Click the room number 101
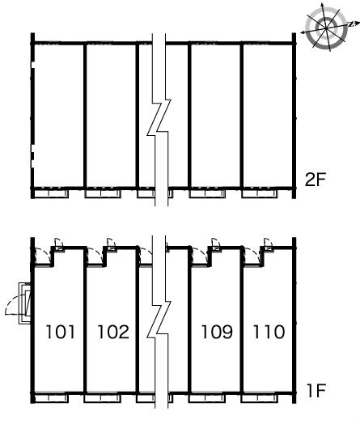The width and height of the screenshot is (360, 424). [61, 332]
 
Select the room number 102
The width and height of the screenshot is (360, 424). [113, 332]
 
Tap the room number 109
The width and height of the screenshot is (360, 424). [217, 332]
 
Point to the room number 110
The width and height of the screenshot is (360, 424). [269, 332]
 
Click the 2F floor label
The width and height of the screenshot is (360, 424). [316, 180]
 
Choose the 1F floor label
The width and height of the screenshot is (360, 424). [316, 391]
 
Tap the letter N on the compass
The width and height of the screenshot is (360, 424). [351, 24]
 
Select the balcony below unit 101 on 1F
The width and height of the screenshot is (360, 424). [51, 398]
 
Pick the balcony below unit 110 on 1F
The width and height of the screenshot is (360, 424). [260, 398]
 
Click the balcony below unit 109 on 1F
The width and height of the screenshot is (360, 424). [207, 398]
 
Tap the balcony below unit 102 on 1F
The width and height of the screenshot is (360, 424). [102, 398]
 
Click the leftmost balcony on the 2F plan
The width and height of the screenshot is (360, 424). [51, 193]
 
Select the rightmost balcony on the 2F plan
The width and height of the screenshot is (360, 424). [260, 193]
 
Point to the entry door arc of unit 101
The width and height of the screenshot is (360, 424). [47, 253]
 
